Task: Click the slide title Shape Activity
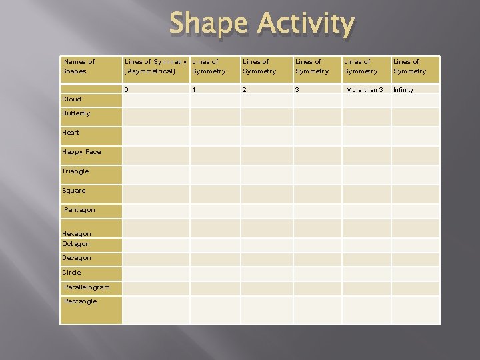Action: coord(262,24)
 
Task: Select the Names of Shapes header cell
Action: coord(79,66)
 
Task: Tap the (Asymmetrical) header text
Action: coord(150,71)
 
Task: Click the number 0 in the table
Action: coord(127,89)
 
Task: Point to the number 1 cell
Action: coord(194,89)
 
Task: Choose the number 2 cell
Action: coord(245,89)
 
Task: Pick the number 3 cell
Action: coord(297,89)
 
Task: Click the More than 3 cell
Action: coord(364,89)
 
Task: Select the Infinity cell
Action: coord(403,89)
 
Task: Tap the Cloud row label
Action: coord(71,99)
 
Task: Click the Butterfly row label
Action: coord(76,113)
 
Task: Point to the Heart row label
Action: coord(71,133)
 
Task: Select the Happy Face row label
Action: coord(81,152)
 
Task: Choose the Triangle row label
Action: coord(75,171)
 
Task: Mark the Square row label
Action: coord(74,191)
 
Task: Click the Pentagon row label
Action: coord(79,210)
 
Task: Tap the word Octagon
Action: coord(76,244)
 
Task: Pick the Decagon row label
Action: coord(77,258)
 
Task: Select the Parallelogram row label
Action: coord(87,287)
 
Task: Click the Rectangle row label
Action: coord(80,301)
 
